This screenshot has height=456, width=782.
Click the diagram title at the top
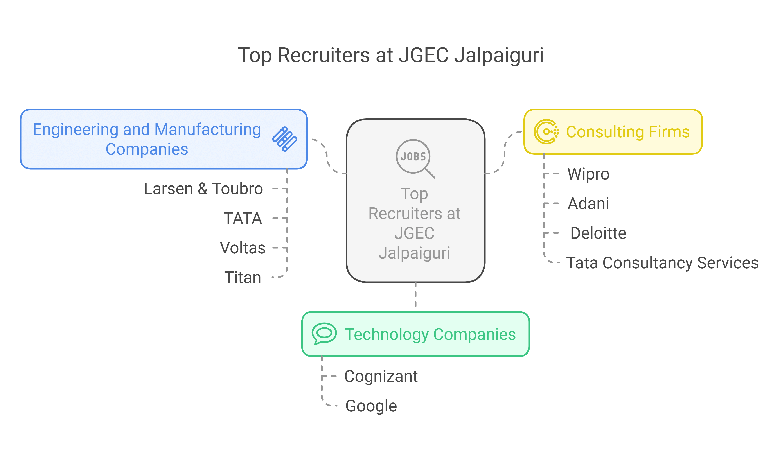coord(390,55)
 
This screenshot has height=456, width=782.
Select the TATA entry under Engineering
coord(243,218)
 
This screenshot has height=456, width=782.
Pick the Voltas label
coord(243,248)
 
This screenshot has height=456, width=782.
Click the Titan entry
coord(243,277)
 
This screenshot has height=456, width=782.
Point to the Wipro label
coord(588,174)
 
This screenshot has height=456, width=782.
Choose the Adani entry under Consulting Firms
coord(588,203)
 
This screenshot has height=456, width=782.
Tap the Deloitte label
coord(598,233)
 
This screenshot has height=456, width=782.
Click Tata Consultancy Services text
coord(662,263)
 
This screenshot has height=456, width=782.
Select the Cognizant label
coord(381,376)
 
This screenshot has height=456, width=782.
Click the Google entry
coord(371,406)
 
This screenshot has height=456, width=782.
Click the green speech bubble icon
coord(324,334)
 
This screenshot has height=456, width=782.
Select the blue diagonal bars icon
coord(285,139)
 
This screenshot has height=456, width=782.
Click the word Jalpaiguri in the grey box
coord(414,253)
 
